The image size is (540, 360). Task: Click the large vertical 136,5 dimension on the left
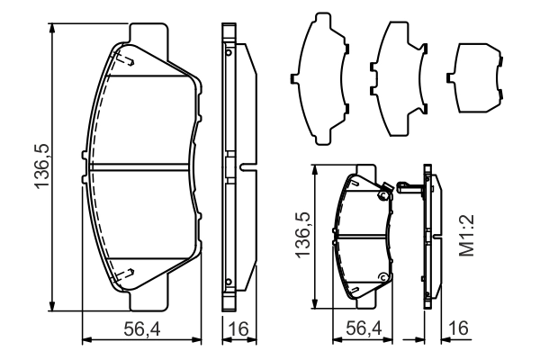pyautogui.click(x=42, y=166)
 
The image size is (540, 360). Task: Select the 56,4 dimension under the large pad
pyautogui.click(x=142, y=329)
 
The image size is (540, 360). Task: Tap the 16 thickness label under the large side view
pyautogui.click(x=238, y=329)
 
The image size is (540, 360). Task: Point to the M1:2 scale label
pyautogui.click(x=467, y=235)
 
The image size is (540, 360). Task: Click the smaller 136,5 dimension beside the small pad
pyautogui.click(x=303, y=235)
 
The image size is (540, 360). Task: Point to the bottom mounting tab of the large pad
pyautogui.click(x=149, y=299)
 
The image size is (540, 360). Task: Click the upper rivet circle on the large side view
pyautogui.click(x=228, y=52)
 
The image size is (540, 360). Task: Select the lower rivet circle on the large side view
pyautogui.click(x=228, y=282)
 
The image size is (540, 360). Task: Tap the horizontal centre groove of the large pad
pyautogui.click(x=139, y=166)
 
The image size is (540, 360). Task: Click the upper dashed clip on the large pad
pyautogui.click(x=125, y=59)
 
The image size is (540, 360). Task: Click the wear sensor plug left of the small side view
pyautogui.click(x=409, y=187)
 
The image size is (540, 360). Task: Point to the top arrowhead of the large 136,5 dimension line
pyautogui.click(x=52, y=28)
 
